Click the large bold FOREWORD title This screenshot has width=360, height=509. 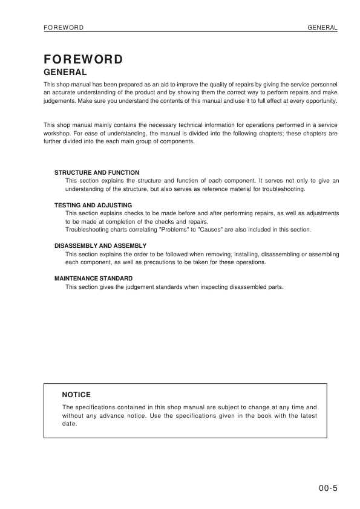[83, 59]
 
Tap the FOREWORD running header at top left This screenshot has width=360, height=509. [64, 28]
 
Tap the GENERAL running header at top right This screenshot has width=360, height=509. [322, 28]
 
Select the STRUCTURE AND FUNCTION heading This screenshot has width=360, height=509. [97, 172]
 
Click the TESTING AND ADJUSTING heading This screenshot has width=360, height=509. [93, 205]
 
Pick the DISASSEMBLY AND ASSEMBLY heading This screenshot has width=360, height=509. [100, 246]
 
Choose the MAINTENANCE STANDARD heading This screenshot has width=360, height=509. [93, 279]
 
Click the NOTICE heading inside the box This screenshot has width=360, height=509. [76, 394]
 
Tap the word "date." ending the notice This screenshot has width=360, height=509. [70, 424]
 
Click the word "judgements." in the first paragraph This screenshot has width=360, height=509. [59, 101]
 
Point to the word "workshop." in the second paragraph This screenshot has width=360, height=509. [58, 133]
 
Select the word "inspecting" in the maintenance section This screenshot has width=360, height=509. [221, 287]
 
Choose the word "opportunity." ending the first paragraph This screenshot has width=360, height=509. [320, 101]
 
